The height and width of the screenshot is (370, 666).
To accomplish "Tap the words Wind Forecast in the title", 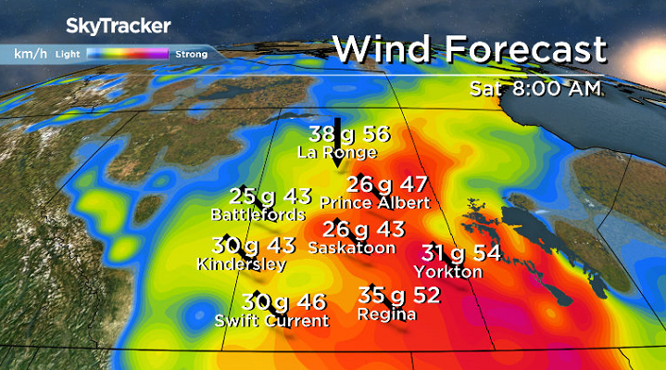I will tap(470, 48).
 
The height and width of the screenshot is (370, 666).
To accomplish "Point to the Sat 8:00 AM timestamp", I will tap(535, 88).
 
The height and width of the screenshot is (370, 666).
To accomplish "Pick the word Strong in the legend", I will tap(191, 54).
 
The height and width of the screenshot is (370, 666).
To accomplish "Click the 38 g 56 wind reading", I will tap(349, 134).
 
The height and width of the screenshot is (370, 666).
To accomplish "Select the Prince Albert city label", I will tap(374, 202).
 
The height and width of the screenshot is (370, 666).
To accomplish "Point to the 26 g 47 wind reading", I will tap(387, 184).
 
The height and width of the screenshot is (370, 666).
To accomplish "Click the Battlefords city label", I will tap(258, 214).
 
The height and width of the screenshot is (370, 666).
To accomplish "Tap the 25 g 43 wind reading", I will tap(270, 196).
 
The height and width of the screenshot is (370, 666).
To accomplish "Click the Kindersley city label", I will tap(242, 264).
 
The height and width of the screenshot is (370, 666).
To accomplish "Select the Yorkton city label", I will tap(448, 272).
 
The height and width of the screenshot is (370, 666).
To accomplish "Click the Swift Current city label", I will tap(271, 321).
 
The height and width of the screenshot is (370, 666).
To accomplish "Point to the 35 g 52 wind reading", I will tap(398, 296).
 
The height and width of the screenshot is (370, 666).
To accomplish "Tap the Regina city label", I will tap(387, 314).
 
